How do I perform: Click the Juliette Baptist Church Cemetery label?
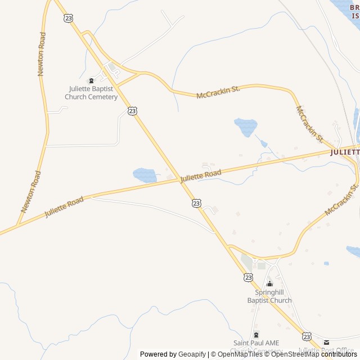tap(91, 93)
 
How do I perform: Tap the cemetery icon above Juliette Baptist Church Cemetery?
tap(91, 80)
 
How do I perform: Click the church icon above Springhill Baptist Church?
tap(269, 283)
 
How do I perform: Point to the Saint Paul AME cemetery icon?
tap(256, 335)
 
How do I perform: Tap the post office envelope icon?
tap(326, 343)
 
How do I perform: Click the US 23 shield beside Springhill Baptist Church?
tap(249, 277)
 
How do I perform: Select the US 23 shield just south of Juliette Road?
tap(196, 203)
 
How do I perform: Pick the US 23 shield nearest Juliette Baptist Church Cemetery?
tap(132, 111)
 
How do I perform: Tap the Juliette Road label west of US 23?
tap(64, 207)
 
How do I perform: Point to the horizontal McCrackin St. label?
tap(218, 93)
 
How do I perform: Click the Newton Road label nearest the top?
tap(42, 54)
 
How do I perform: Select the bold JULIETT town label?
tap(344, 152)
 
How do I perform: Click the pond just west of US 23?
tap(145, 175)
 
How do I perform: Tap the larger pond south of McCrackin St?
tap(246, 126)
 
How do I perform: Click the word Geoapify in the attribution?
tap(192, 354)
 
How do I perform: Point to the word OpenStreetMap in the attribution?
tap(295, 354)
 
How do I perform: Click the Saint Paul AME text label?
tap(256, 343)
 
